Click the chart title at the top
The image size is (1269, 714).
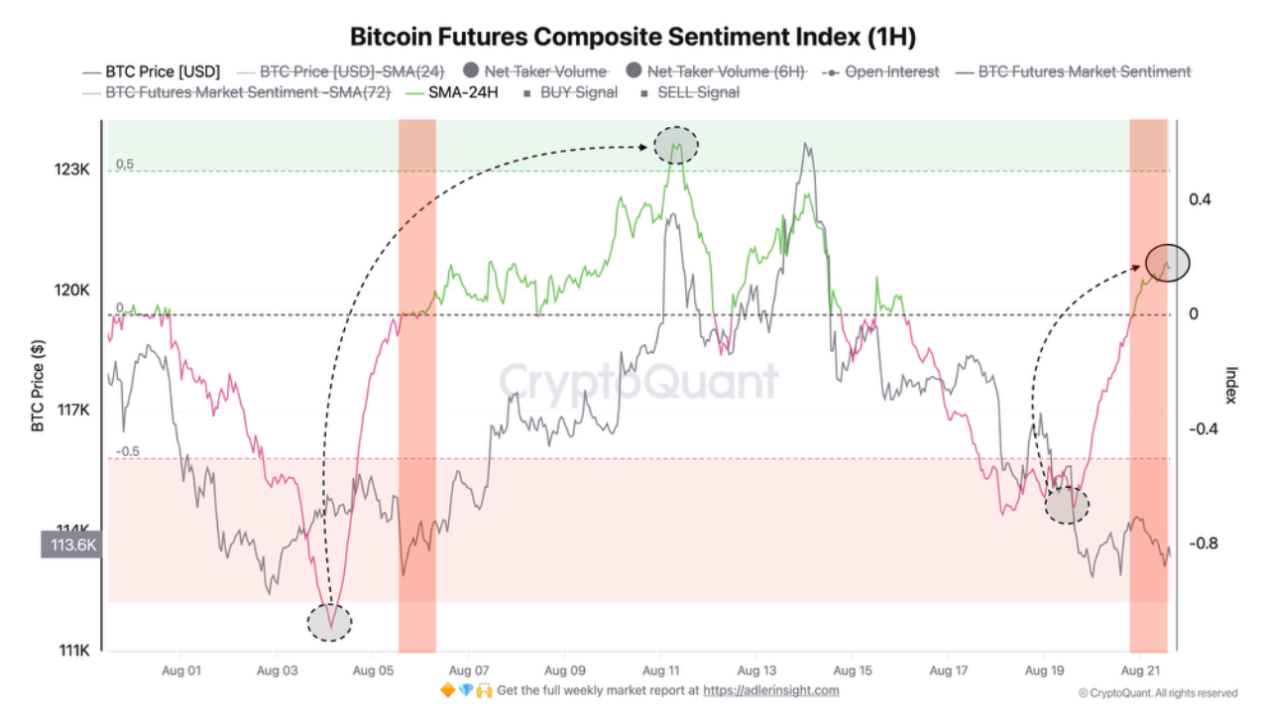coord(634,38)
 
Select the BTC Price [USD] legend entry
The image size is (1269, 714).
coord(163,71)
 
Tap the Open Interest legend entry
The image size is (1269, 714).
coord(891,71)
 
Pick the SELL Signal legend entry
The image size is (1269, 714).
coord(698,92)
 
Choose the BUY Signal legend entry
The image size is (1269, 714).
coord(578,92)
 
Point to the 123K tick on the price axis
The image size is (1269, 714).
coord(71,170)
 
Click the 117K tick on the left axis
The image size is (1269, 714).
coord(71,411)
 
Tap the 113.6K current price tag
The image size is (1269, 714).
coord(69,544)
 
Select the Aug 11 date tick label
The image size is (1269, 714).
coord(659,670)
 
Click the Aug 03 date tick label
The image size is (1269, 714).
coord(277,670)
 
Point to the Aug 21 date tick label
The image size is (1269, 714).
coord(1139,670)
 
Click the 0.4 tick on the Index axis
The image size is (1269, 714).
coord(1200,199)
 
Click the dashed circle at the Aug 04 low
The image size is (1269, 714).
coord(330,622)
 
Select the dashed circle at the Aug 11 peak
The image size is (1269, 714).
coord(676,146)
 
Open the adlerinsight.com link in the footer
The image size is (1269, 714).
coord(770,690)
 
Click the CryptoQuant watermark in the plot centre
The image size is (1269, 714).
coord(637,381)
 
